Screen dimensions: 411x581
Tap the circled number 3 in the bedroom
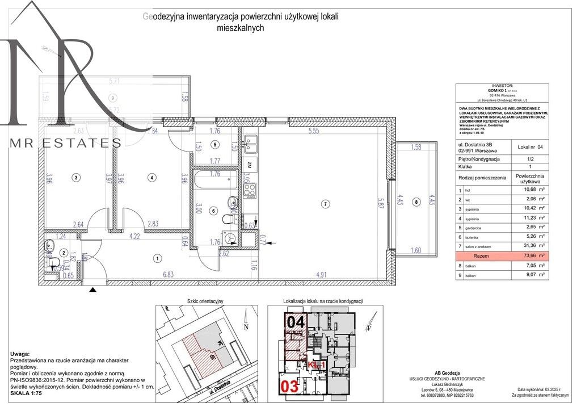tap(77, 178)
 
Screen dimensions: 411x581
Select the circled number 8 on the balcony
tap(417, 202)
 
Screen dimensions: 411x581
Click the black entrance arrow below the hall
tap(94, 290)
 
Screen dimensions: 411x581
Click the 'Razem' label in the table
tap(481, 256)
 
